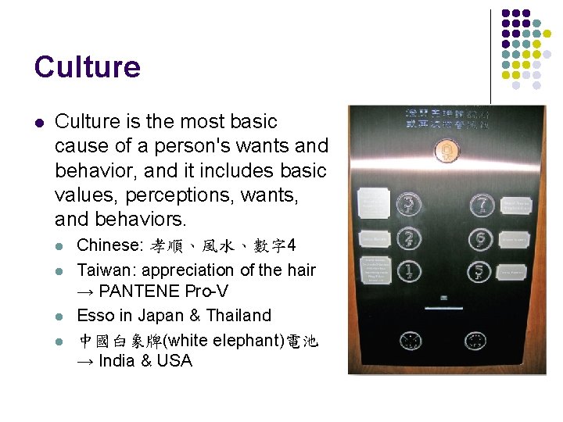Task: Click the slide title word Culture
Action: (x=87, y=67)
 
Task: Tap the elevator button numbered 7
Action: (x=480, y=205)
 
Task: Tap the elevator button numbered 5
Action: (x=480, y=272)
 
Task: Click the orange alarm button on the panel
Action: (x=445, y=151)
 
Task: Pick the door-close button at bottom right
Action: (x=475, y=341)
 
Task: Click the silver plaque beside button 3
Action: (x=373, y=202)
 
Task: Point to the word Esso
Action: (x=94, y=316)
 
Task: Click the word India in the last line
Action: (x=117, y=361)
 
